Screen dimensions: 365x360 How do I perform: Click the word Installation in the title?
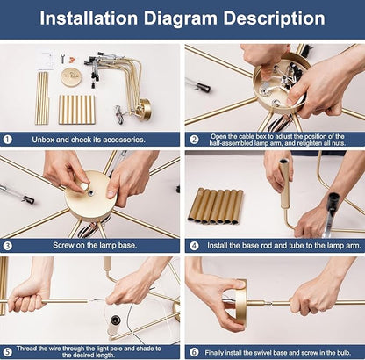pyautogui.click(x=89, y=18)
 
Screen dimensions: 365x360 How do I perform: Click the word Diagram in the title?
pyautogui.click(x=181, y=19)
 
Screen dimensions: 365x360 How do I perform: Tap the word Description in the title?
pyautogui.click(x=274, y=19)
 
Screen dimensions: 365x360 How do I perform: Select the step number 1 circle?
pyautogui.click(x=8, y=140)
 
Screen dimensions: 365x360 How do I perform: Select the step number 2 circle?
pyautogui.click(x=194, y=140)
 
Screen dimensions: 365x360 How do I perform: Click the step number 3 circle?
pyautogui.click(x=8, y=246)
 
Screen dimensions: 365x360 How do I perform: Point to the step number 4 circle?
pyautogui.click(x=194, y=246)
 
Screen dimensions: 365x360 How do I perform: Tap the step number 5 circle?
pyautogui.click(x=8, y=352)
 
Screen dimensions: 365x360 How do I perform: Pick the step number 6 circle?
pyautogui.click(x=194, y=352)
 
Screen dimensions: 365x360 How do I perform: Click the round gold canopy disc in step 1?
pyautogui.click(x=71, y=77)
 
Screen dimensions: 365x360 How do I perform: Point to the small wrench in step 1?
pyautogui.click(x=62, y=59)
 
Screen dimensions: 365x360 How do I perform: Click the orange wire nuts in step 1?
pyautogui.click(x=71, y=60)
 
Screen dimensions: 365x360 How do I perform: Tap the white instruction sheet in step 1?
pyautogui.click(x=46, y=60)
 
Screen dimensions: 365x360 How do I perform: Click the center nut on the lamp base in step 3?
pyautogui.click(x=91, y=192)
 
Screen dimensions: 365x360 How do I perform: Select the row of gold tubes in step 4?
pyautogui.click(x=216, y=206)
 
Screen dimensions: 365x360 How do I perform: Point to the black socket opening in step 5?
pyautogui.click(x=115, y=319)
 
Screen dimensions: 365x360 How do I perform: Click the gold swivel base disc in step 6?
pyautogui.click(x=240, y=301)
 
